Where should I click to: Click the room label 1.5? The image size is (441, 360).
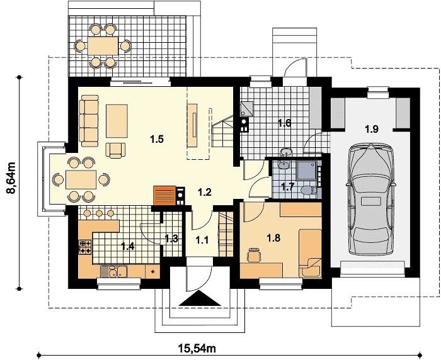click(157, 139)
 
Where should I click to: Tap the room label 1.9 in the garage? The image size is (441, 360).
click(372, 129)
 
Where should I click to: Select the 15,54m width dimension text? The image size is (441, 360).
click(197, 349)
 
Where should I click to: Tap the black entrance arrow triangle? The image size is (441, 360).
click(200, 298)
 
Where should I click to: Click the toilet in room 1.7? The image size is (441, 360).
click(308, 191)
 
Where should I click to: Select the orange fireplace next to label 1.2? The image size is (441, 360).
click(164, 195)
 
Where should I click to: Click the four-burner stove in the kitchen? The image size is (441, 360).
click(86, 247)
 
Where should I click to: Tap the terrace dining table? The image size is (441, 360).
click(103, 46)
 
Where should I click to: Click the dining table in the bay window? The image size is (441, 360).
click(81, 179)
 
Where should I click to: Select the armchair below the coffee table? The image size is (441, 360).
click(115, 150)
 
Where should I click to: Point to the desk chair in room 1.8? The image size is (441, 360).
click(254, 255)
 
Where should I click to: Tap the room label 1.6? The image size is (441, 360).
click(284, 123)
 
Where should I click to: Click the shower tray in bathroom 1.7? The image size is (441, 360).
click(307, 170)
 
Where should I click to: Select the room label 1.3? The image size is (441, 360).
click(171, 239)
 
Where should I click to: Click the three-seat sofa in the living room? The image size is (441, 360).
click(89, 121)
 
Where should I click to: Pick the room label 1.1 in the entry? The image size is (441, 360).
click(202, 240)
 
